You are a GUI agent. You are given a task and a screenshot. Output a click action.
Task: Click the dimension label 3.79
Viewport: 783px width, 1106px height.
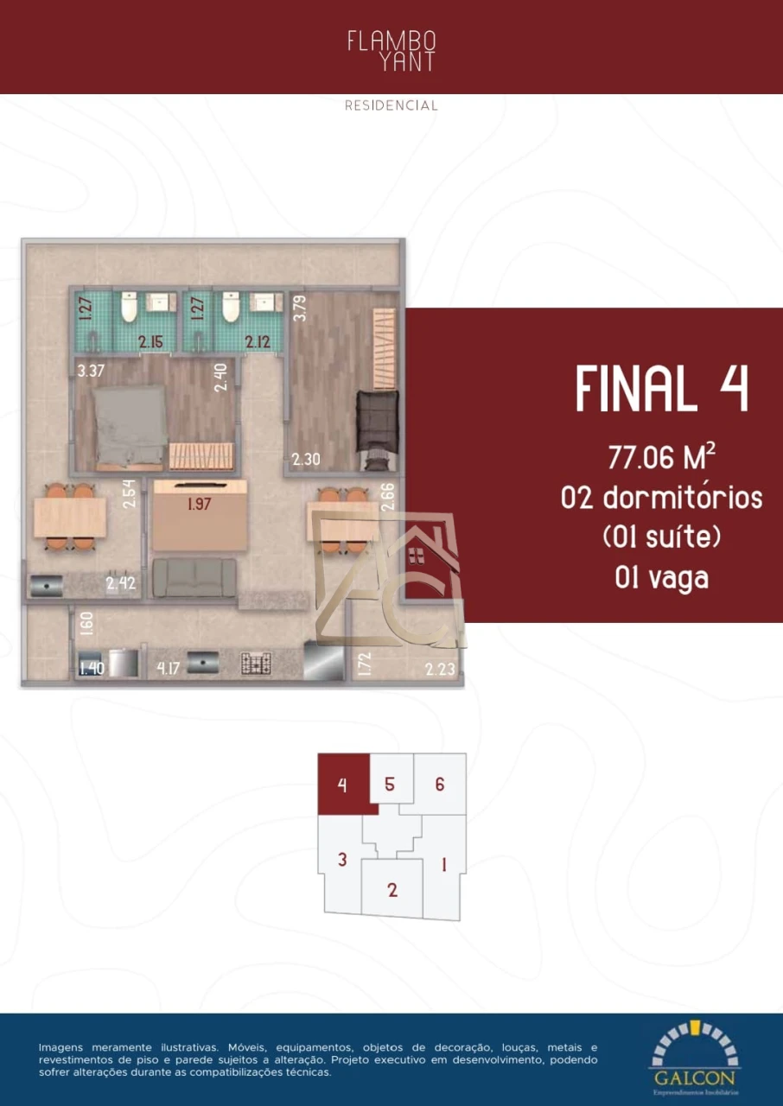[300, 308]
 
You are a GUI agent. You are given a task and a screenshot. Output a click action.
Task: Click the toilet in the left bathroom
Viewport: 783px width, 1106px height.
[129, 307]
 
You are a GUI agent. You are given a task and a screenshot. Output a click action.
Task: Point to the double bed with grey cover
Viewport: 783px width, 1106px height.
[130, 423]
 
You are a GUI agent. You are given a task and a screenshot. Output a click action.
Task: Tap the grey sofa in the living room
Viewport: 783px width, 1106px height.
[194, 576]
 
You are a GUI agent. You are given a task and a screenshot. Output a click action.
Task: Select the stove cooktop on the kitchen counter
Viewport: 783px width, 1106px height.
[258, 664]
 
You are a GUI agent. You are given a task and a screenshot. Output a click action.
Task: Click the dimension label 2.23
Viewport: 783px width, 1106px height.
[441, 668]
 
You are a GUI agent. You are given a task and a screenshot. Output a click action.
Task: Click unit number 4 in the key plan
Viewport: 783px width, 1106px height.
[343, 785]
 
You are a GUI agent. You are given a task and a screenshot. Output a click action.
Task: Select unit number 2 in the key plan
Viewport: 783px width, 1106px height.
[392, 890]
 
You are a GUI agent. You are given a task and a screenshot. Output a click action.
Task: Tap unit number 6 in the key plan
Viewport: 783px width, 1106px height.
[440, 785]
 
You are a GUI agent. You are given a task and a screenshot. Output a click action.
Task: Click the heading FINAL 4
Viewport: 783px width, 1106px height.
[662, 389]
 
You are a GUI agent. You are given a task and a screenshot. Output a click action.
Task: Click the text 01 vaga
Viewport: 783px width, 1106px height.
[662, 577]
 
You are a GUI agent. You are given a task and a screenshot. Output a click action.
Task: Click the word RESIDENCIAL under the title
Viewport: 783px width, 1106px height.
[391, 105]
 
